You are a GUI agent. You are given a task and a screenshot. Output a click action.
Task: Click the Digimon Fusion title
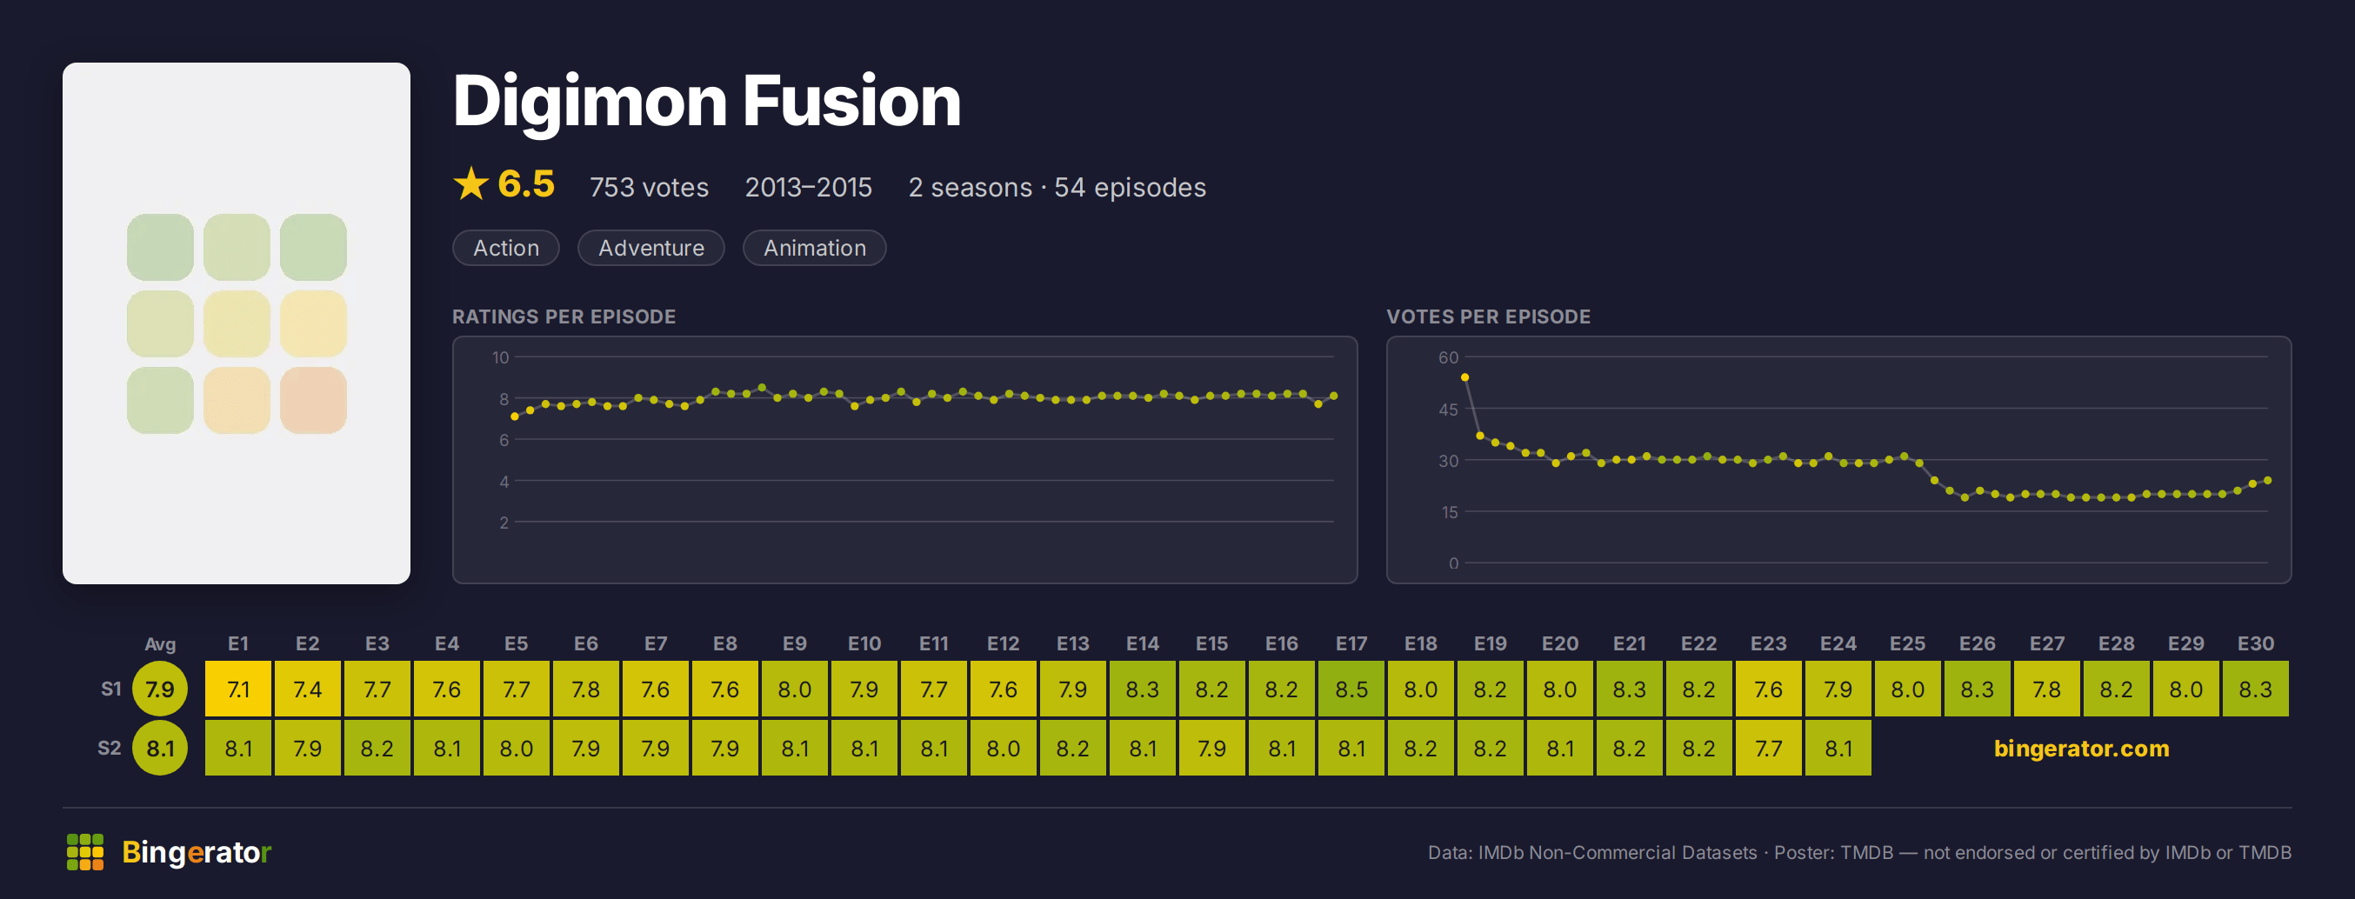click(x=707, y=103)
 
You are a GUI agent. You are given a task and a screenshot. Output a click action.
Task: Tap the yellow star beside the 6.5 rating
click(x=470, y=183)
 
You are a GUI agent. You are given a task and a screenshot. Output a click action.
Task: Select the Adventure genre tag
click(x=650, y=248)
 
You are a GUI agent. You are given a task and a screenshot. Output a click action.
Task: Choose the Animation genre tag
click(x=815, y=248)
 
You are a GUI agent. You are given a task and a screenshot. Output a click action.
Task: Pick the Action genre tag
click(x=505, y=248)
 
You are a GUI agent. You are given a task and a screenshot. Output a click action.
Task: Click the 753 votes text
click(x=649, y=187)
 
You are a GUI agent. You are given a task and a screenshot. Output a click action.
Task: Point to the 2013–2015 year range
click(x=808, y=187)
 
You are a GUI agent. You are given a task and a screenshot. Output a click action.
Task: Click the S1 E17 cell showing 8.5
click(x=1351, y=689)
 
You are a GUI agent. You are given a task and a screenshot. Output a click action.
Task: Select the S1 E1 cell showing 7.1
click(x=237, y=689)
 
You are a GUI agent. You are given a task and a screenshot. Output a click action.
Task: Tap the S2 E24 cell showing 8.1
click(x=1838, y=749)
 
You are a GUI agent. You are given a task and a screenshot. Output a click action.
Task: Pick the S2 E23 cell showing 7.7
click(x=1768, y=749)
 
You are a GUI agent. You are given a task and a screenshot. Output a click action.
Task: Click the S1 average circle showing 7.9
click(x=160, y=689)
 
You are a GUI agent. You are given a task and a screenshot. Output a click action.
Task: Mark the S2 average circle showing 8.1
click(x=160, y=749)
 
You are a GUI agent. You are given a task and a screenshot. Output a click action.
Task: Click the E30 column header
click(x=2255, y=644)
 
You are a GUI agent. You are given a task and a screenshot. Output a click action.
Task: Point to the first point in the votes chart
click(x=1464, y=377)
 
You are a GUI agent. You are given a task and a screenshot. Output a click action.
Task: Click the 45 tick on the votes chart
click(x=1448, y=410)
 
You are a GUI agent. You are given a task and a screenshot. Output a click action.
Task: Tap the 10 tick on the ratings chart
click(x=500, y=357)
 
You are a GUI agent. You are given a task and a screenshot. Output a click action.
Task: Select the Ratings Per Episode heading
click(x=564, y=317)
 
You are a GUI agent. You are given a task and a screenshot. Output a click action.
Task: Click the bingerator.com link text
click(x=2082, y=749)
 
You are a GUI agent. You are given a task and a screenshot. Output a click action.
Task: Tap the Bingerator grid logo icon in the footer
click(x=85, y=851)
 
